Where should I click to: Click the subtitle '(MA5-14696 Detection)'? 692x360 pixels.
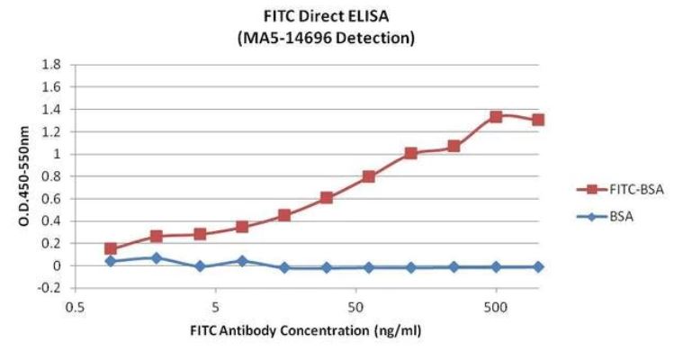click(306, 38)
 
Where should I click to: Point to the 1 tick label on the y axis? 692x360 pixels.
click(56, 154)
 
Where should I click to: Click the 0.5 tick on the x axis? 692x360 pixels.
click(75, 305)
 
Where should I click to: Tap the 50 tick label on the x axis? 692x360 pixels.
click(355, 305)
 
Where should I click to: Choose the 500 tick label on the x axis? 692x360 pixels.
click(496, 305)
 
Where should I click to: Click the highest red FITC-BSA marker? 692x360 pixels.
click(496, 117)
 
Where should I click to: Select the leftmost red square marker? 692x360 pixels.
click(111, 248)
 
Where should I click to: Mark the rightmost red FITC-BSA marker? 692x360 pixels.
click(538, 120)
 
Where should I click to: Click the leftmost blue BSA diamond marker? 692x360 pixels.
click(111, 261)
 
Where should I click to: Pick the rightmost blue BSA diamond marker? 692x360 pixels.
click(538, 266)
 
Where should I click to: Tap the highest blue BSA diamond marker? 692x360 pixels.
click(156, 258)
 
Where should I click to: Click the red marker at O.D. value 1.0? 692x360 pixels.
click(411, 154)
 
